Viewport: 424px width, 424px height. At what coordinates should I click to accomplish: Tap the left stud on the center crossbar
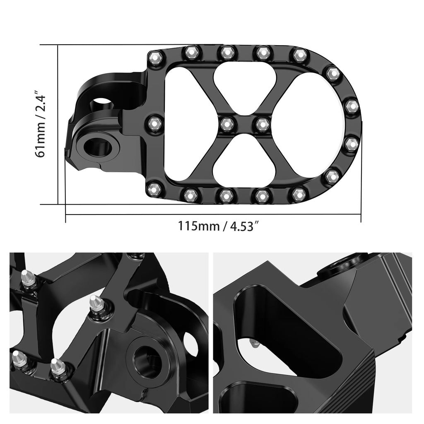[x=226, y=123]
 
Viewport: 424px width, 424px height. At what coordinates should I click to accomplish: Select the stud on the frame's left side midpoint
[x=155, y=123]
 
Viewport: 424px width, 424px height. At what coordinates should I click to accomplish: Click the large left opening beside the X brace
[x=186, y=123]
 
